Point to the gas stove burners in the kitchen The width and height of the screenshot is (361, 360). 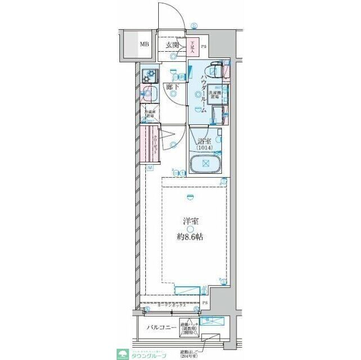click(x=150, y=74)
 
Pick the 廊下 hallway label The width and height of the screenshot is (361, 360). click(x=173, y=87)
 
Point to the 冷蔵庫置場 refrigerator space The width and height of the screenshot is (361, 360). click(x=149, y=112)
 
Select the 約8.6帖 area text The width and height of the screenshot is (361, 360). click(x=190, y=237)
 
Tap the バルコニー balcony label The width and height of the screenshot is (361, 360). click(x=159, y=327)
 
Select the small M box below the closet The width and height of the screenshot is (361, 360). click(x=150, y=168)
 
